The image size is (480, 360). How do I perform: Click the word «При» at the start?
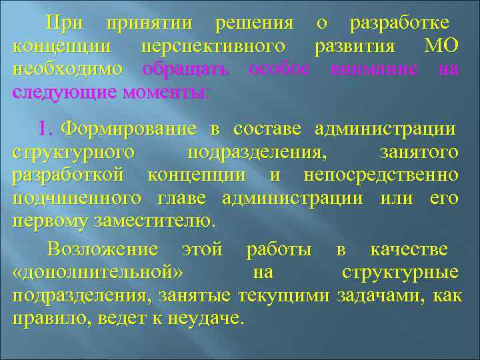[64, 24]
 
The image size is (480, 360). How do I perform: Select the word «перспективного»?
[213, 47]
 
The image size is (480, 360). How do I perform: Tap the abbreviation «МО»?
[441, 47]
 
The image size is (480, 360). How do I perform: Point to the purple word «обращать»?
[186, 69]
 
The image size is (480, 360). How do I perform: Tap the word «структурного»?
[73, 153]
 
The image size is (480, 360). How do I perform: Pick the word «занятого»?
[418, 153]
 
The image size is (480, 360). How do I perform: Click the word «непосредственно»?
[380, 175]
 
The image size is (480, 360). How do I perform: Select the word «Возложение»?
[103, 250]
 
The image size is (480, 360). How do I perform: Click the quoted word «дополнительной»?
[99, 273]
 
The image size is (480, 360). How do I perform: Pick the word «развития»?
[357, 47]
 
